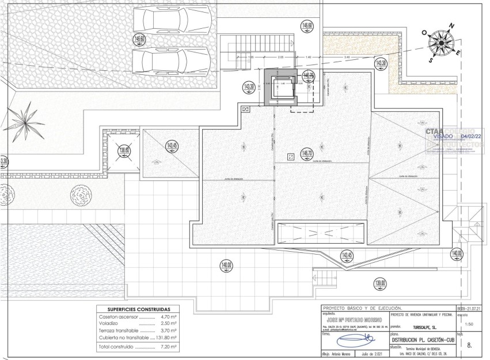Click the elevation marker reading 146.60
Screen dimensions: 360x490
pos(307,25)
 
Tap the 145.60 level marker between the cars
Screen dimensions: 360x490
pos(139,40)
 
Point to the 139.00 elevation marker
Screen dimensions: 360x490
pos(380,283)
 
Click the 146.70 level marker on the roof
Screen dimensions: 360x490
pos(306,154)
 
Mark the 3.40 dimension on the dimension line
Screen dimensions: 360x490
pos(346,57)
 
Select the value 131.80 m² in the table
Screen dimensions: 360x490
pos(166,338)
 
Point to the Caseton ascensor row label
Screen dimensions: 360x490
pos(118,317)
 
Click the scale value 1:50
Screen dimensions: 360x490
pos(461,324)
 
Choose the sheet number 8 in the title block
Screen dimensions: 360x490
pos(469,346)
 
